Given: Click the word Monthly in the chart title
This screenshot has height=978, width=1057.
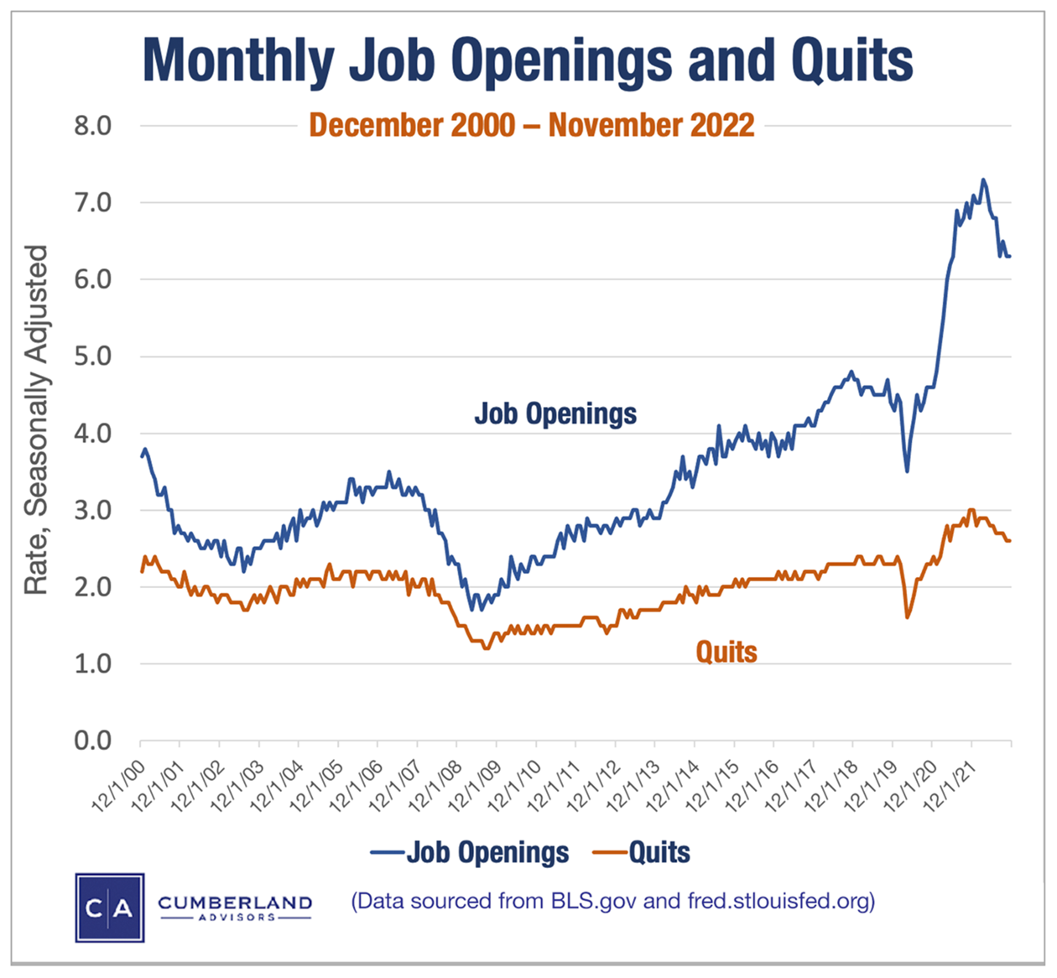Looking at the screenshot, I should coord(238,60).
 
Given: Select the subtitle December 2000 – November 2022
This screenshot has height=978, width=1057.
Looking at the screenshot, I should coord(532,126).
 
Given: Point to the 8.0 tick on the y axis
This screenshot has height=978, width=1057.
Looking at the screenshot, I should coord(92,126).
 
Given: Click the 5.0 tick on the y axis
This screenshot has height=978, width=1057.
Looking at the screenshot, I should coord(92,356).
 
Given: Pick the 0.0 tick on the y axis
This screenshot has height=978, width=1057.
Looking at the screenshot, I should coord(92,741).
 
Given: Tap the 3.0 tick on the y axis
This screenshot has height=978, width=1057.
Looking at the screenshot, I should coord(92,510).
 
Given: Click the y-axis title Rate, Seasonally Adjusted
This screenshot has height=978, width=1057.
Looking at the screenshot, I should coord(35,419).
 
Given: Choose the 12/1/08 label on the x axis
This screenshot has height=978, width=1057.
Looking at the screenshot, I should coord(435,785).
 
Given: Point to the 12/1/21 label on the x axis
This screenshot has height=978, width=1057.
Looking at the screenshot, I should coord(949,785).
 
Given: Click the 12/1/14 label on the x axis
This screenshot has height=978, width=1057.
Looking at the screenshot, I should coord(672,785).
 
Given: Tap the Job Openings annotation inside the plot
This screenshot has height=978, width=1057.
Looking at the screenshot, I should coord(555,414).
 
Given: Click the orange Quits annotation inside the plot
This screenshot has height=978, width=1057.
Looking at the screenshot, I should coord(726,652).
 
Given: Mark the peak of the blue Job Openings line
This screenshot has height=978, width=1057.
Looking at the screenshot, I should coord(983,179).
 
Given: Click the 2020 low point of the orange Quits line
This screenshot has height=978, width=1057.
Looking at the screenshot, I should coord(907,617).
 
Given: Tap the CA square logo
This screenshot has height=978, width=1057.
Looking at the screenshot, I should coord(110,908).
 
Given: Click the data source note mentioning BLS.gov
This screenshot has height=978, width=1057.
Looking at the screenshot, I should coord(613,901).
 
